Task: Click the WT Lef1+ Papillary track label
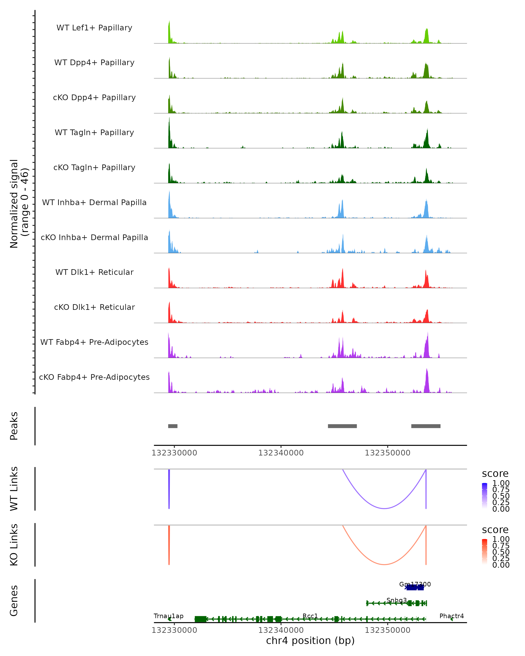[94, 28]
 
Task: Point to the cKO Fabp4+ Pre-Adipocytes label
[94, 377]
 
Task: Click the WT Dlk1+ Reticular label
[94, 272]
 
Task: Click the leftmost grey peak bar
[173, 426]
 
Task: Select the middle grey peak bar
[342, 426]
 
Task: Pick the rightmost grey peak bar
[425, 426]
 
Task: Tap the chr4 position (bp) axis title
[310, 640]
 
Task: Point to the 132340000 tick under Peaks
[281, 453]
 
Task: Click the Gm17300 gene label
[415, 584]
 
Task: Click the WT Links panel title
[14, 489]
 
